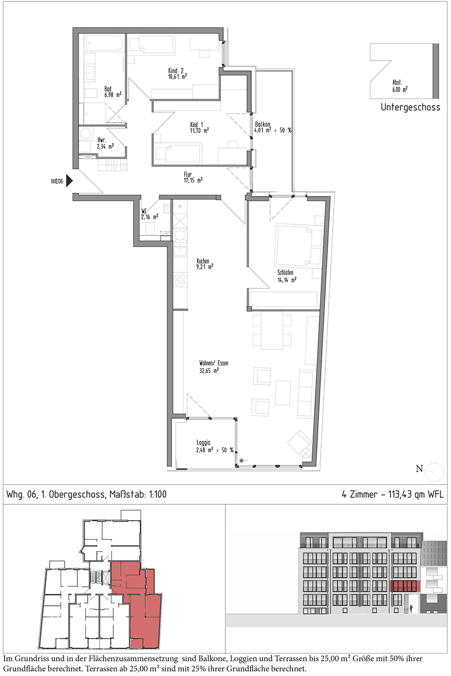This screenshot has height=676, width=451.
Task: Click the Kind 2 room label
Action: [176, 71]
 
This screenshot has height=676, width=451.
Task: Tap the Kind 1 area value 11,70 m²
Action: [199, 130]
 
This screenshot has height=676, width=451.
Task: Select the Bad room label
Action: [108, 89]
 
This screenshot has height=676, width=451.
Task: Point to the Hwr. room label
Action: [102, 140]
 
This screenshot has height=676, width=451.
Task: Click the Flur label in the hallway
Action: [188, 174]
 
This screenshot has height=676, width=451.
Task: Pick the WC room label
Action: [144, 211]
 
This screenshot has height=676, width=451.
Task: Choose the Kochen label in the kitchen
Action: [202, 261]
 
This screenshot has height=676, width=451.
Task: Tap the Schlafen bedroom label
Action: [285, 272]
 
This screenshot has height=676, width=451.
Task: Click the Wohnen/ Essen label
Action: [213, 363]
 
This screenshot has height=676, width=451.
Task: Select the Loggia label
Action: [203, 443]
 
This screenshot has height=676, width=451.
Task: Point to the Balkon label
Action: [263, 124]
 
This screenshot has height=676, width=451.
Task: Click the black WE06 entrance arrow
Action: [70, 181]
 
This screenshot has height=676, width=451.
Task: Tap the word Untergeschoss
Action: [410, 107]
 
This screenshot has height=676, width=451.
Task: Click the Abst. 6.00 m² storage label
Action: [400, 86]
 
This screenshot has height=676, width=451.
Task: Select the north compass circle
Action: [434, 472]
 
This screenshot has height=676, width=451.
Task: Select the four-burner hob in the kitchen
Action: [180, 279]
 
